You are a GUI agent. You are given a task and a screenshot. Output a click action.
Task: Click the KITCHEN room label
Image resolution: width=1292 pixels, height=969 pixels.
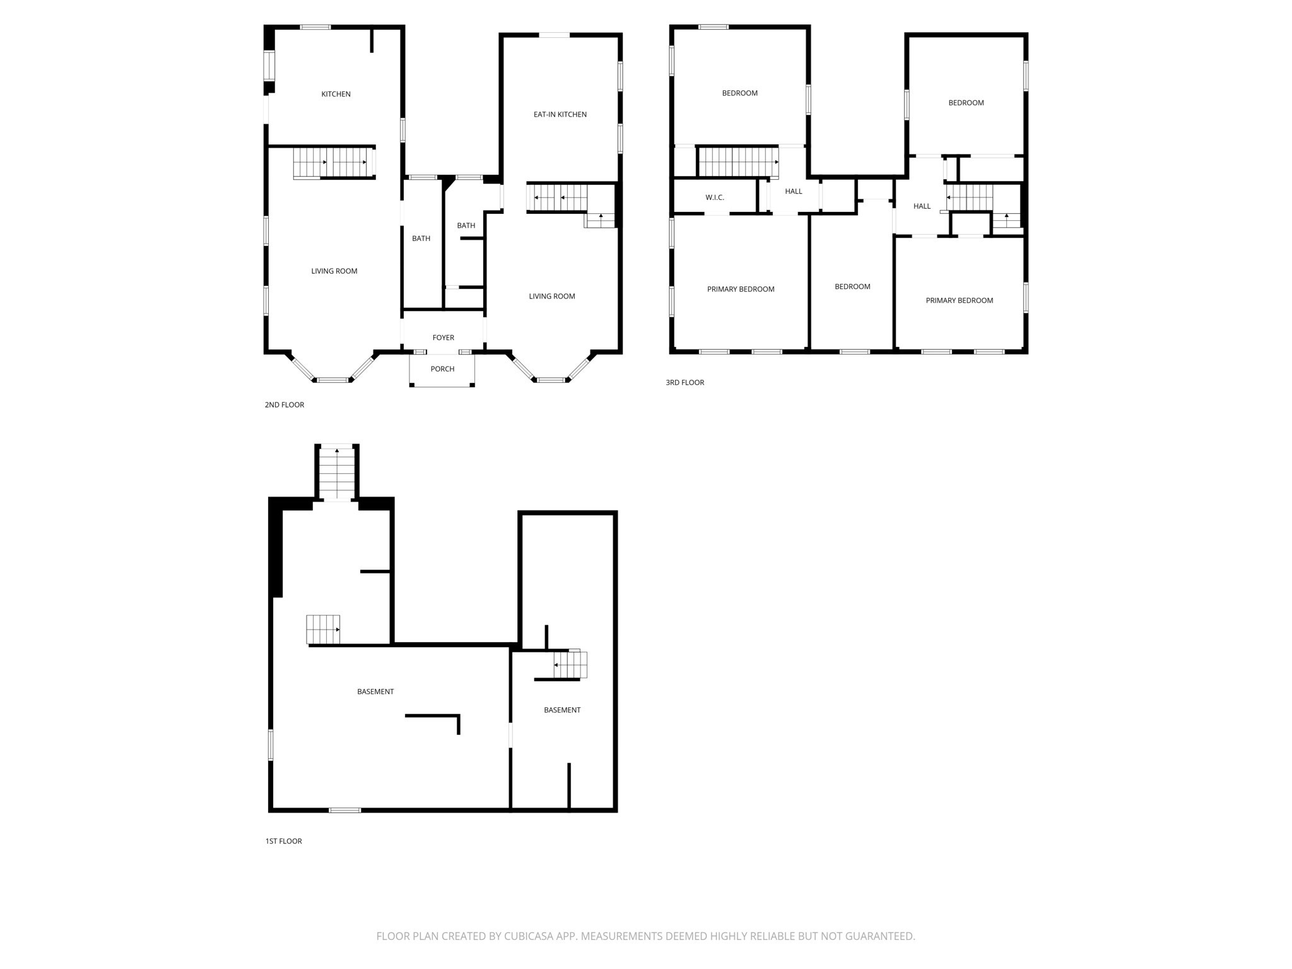point(336,94)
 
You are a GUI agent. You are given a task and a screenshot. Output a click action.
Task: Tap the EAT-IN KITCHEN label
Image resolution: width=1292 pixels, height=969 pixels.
point(560,114)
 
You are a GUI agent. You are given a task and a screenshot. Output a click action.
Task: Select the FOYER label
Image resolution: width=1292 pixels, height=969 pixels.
point(443,338)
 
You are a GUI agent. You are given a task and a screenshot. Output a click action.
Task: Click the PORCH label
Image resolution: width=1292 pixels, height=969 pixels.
point(442,369)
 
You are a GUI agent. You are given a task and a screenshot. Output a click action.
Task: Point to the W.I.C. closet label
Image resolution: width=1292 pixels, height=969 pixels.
point(714,197)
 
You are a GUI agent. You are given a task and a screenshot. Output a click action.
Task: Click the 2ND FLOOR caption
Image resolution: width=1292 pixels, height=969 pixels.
point(284,405)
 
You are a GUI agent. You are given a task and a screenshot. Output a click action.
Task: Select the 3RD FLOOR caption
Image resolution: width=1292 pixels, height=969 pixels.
point(684,382)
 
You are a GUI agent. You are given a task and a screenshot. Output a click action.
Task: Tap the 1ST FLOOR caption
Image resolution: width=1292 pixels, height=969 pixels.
point(283,841)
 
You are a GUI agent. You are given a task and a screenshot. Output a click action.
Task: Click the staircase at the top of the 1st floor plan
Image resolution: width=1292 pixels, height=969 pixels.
point(337,473)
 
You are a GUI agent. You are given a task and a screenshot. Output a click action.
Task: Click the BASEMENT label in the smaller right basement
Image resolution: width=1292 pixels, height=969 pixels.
point(561,710)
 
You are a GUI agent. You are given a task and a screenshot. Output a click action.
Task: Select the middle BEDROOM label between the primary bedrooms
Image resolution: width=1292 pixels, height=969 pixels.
point(852,286)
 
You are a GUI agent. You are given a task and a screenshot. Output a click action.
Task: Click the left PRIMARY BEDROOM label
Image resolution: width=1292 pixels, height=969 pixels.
point(740,289)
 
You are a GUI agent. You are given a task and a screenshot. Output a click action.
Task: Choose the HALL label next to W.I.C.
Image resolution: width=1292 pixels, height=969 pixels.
point(793,191)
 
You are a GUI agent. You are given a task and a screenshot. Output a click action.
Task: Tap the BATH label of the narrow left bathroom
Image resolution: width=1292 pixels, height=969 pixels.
point(421,238)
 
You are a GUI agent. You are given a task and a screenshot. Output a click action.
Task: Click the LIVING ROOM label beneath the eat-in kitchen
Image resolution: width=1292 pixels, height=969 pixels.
point(551,296)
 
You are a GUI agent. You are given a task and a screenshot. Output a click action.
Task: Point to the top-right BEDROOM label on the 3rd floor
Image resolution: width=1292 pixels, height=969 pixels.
point(966,103)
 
